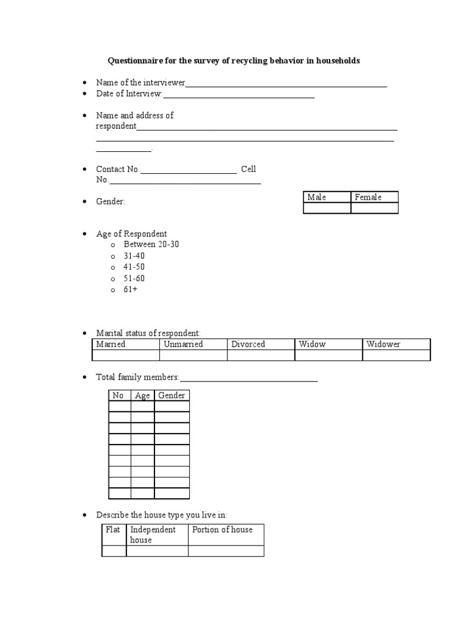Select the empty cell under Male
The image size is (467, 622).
(x=327, y=208)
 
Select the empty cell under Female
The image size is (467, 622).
(x=375, y=208)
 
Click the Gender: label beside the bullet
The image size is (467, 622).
(x=110, y=202)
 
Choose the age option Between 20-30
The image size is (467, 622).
(x=151, y=245)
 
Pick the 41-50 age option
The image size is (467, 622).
(x=134, y=267)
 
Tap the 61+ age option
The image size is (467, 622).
(x=130, y=290)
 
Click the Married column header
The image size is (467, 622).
(x=111, y=344)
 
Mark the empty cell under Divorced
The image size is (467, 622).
(x=261, y=355)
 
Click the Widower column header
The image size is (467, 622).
(x=383, y=344)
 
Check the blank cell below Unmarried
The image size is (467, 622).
(x=193, y=355)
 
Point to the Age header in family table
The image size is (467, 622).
(x=142, y=395)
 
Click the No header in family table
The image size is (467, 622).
(x=119, y=395)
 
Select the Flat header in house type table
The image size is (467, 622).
(x=113, y=530)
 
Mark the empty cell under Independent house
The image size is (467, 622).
(x=157, y=551)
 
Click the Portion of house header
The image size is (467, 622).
(x=222, y=530)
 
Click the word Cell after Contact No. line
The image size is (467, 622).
(x=248, y=169)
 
